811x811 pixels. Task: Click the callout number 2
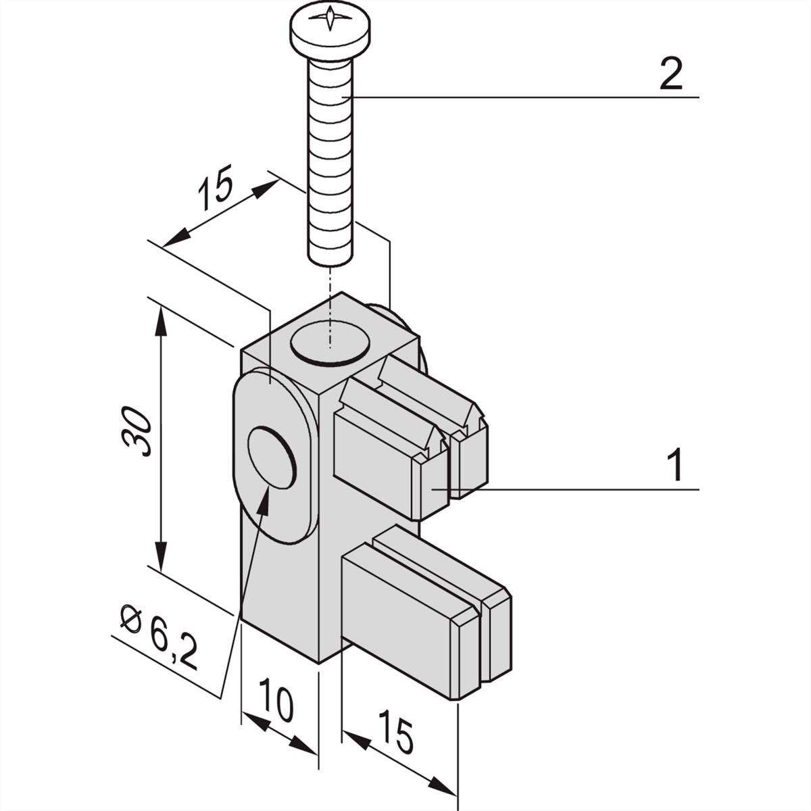(670, 74)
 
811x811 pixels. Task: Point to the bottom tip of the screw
(330, 264)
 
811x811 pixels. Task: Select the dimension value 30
(136, 431)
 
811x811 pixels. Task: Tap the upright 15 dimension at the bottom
(395, 731)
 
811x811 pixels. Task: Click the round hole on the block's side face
(272, 457)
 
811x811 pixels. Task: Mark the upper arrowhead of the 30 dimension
(159, 321)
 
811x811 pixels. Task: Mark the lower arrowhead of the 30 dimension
(160, 556)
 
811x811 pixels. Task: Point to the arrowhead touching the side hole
(264, 499)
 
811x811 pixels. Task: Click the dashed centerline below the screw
(330, 307)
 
